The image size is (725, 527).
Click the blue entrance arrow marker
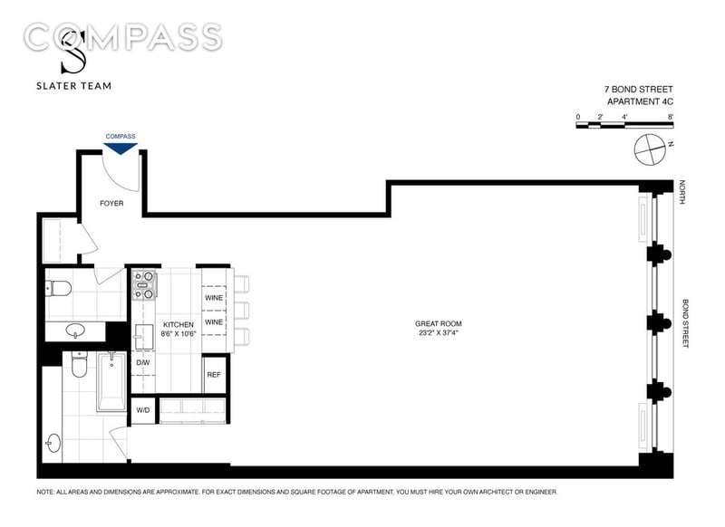[x=121, y=149]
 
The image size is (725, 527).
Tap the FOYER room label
[x=111, y=203]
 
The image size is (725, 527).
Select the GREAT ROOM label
[x=439, y=324]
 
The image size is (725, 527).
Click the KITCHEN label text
[x=179, y=325]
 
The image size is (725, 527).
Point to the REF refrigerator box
[x=214, y=375]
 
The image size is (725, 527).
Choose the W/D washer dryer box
[x=143, y=410]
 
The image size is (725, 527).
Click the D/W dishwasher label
[x=143, y=362]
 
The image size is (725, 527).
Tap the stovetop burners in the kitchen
[x=144, y=285]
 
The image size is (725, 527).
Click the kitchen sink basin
[x=144, y=337]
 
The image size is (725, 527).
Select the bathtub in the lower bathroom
[x=111, y=381]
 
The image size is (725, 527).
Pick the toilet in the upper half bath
[x=58, y=289]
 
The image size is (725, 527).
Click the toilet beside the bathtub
[x=80, y=364]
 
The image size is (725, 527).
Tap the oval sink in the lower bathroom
[x=53, y=444]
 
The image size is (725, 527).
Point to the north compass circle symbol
[x=650, y=149]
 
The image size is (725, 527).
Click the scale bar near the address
[x=624, y=125]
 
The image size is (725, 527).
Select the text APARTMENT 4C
[x=640, y=101]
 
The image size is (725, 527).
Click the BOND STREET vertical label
[x=685, y=323]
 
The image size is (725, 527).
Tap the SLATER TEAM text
[x=74, y=86]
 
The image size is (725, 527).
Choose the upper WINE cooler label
[x=214, y=298]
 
